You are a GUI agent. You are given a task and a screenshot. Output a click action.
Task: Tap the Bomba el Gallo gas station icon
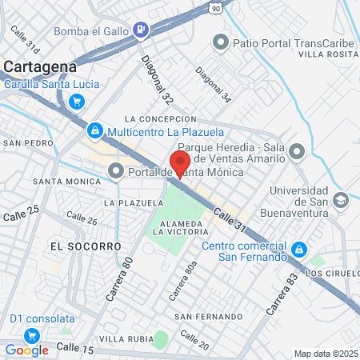(x=142, y=31)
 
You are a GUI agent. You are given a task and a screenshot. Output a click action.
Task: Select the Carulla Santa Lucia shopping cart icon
(x=77, y=101)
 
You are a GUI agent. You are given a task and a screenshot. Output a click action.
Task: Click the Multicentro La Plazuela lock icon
(x=94, y=130)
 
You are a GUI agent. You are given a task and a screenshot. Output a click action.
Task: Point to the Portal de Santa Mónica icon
(x=116, y=170)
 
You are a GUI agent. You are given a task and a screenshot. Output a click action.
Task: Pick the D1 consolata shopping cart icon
(x=32, y=334)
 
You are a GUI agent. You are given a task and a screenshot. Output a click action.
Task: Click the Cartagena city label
(x=39, y=66)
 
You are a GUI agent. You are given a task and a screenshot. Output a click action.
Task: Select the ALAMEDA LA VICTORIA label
(x=185, y=226)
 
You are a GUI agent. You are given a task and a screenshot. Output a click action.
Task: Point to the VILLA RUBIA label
(x=122, y=339)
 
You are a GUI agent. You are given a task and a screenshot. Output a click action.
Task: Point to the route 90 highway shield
(x=217, y=6)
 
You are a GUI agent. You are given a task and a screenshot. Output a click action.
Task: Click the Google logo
(x=26, y=350)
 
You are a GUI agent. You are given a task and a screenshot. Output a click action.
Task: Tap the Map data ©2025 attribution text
(x=325, y=354)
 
